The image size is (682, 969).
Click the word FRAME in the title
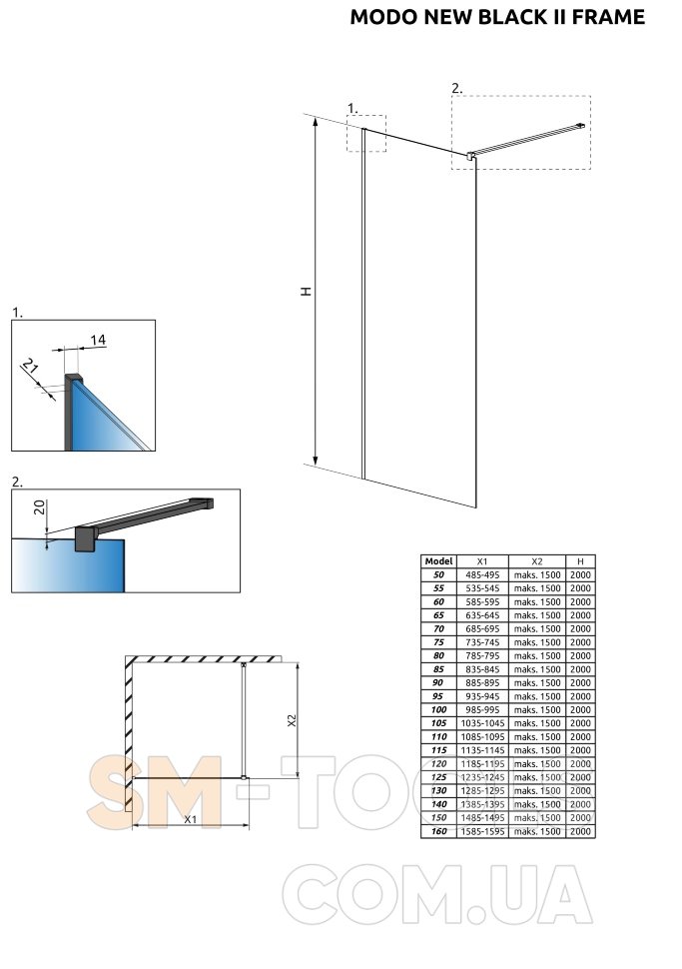(608, 17)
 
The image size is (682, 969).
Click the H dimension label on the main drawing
(306, 291)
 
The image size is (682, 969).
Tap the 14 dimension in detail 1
(98, 340)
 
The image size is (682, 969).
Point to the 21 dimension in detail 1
(30, 367)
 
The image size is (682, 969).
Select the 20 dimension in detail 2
(39, 507)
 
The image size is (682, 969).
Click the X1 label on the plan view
(191, 819)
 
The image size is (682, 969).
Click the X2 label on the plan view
(293, 720)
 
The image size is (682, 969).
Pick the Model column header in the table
(438, 561)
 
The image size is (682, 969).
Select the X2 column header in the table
(537, 561)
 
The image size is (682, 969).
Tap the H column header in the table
(581, 561)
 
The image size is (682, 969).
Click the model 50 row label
(438, 574)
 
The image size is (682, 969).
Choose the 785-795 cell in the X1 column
(482, 655)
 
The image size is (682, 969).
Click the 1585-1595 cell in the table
(482, 831)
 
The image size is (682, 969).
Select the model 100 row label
(438, 709)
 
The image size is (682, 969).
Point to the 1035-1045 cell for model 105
(482, 723)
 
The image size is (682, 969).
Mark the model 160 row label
(438, 831)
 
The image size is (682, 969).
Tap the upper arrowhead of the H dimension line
(316, 122)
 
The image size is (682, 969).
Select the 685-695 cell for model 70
(482, 628)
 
